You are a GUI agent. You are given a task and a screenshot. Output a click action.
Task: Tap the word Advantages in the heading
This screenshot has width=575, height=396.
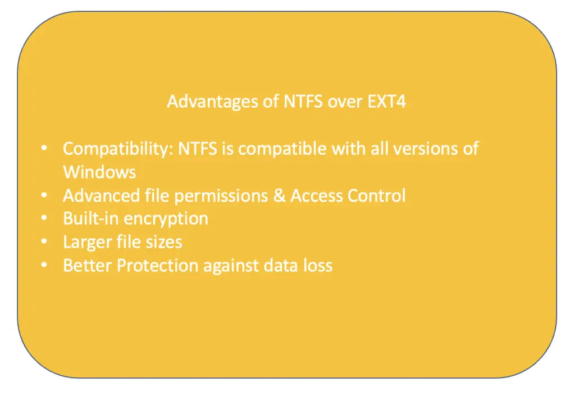point(212,102)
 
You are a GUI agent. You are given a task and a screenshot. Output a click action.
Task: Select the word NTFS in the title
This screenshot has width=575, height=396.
point(303,102)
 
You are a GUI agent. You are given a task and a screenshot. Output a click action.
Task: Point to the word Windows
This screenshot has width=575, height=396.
point(99,172)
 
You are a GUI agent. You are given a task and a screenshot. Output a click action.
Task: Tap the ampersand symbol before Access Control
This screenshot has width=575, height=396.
point(279,195)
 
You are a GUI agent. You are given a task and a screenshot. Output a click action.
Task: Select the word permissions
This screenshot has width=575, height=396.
point(221,196)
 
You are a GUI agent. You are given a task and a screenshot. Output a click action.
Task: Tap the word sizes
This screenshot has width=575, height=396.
point(164,242)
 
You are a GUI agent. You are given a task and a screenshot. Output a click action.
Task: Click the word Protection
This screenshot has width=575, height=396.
point(157,266)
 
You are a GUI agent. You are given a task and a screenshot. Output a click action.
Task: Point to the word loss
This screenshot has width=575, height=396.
point(318,266)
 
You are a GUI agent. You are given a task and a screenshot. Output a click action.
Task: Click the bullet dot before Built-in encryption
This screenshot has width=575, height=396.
point(44,218)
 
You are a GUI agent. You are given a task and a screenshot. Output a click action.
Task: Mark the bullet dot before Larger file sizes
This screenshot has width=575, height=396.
point(44,242)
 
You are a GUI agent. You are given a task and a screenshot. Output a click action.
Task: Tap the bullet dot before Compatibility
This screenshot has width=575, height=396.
point(44,148)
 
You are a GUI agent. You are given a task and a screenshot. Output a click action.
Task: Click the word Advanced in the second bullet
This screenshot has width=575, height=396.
point(101,195)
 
